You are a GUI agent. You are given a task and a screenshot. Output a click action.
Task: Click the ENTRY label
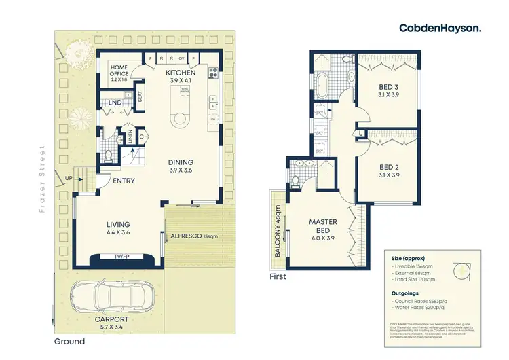124,181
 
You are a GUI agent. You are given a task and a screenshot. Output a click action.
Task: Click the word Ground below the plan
71,341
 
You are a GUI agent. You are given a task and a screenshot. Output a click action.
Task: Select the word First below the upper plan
278,276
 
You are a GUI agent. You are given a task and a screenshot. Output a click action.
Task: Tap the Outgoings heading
406,293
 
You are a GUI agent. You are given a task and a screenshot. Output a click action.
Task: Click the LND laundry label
115,103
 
